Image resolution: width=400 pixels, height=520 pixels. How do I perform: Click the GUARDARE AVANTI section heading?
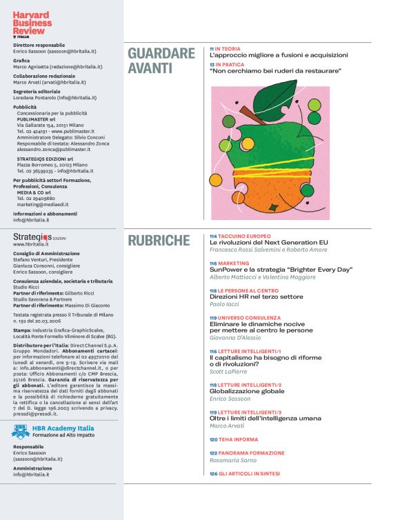coord(161,61)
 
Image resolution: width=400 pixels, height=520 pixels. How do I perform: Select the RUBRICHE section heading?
coord(159,241)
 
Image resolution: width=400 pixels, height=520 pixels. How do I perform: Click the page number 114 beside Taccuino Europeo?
coord(214,236)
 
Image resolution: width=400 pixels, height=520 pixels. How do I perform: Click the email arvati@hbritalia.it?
coord(63,82)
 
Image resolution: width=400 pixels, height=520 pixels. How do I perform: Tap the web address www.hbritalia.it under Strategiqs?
coord(32,244)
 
